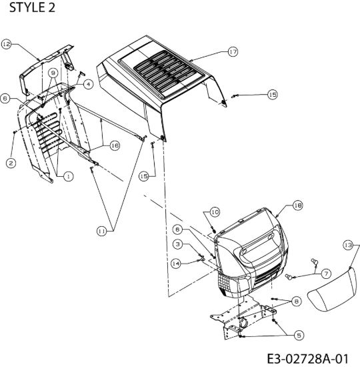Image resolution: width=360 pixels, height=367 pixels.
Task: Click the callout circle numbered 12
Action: click(7, 44)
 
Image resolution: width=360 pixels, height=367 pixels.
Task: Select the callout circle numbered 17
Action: click(233, 51)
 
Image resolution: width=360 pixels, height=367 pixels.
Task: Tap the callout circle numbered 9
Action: click(53, 73)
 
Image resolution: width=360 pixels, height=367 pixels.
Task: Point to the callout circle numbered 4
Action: click(88, 84)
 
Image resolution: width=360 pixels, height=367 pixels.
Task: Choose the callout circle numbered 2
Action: click(11, 163)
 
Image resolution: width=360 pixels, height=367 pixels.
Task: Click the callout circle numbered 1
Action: click(68, 176)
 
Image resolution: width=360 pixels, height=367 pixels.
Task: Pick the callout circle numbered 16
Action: click(115, 145)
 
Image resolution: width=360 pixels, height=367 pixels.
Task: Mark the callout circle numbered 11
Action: click(102, 232)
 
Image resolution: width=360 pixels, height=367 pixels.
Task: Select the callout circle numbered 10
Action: click(215, 212)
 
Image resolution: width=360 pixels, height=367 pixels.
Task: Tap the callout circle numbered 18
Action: click(298, 206)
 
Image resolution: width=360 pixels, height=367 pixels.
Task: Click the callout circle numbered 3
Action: click(178, 244)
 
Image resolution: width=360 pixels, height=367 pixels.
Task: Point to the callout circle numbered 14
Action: click(176, 264)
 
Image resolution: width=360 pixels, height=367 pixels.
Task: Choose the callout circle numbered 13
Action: click(348, 246)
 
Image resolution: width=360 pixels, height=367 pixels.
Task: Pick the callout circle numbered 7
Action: click(326, 274)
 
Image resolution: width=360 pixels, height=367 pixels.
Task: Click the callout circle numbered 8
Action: click(297, 301)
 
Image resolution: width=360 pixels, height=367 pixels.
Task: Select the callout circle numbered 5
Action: click(299, 336)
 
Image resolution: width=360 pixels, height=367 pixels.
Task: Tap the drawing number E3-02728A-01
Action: click(307, 358)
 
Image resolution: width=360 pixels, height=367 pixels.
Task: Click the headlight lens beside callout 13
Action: click(333, 290)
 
